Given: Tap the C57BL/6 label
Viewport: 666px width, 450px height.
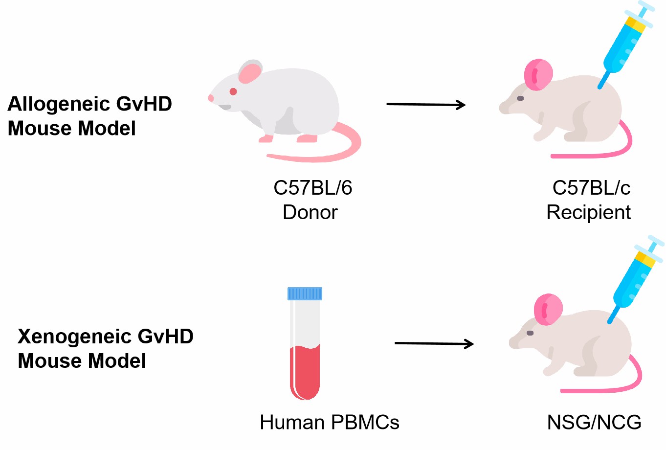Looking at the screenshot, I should tap(312, 188).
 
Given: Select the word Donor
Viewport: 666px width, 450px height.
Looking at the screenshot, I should tap(310, 212).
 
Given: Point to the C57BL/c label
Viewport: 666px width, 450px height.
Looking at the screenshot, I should tap(591, 188).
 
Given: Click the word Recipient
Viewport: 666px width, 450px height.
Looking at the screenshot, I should tap(588, 212).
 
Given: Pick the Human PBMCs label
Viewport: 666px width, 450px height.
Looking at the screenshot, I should tap(329, 423).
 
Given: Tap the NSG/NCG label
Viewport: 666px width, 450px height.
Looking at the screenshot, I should tap(594, 423).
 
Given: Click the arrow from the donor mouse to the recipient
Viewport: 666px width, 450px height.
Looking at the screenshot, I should tap(425, 104).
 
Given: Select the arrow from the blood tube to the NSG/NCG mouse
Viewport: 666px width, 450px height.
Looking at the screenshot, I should tap(434, 344).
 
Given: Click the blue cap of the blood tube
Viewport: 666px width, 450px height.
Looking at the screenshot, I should tap(305, 293).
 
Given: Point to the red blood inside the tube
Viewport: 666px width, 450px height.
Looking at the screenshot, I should tap(305, 372).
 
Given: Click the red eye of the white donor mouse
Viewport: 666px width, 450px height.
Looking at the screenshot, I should tap(233, 91).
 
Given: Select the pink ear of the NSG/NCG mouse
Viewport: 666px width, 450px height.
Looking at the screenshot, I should tap(548, 310).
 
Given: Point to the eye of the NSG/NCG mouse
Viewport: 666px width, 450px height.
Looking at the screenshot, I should tap(530, 333).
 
